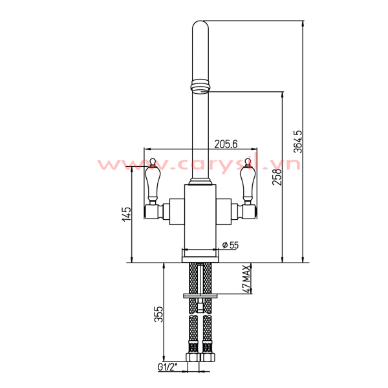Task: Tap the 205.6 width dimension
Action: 226,144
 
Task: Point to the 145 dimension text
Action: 127,213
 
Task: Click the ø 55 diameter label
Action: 230,244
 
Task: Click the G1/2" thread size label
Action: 167,368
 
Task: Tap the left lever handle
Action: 153,183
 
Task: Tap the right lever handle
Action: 246,183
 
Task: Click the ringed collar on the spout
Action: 201,85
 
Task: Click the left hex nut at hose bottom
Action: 193,357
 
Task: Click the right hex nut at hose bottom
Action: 208,357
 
